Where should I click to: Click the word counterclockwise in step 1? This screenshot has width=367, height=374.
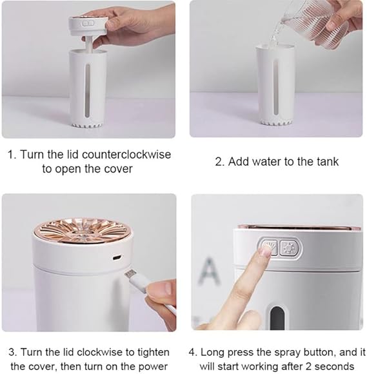(126, 155)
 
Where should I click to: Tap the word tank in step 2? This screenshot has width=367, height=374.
(328, 161)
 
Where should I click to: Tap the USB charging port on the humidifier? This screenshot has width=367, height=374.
(117, 257)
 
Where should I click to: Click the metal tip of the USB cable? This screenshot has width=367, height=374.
(130, 274)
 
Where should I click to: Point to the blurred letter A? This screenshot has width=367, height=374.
(209, 271)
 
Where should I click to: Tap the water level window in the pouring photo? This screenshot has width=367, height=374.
(275, 87)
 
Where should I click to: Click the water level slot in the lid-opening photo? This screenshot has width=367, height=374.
(88, 91)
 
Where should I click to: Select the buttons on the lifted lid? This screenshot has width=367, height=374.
(88, 24)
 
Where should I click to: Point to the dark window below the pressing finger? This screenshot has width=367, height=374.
(277, 319)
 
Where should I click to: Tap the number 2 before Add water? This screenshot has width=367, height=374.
(219, 162)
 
